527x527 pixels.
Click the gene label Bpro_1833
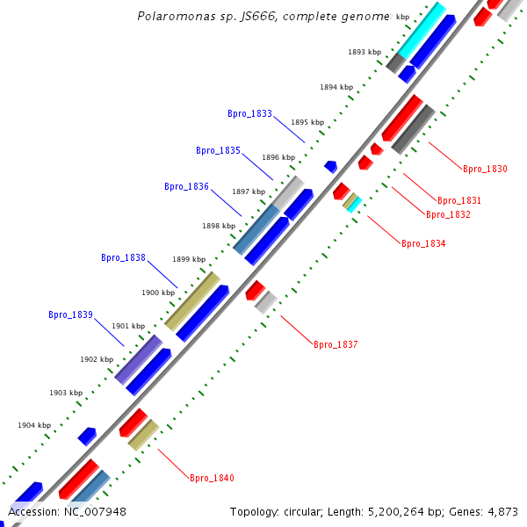coord(249,114)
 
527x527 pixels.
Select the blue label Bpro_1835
coord(218,151)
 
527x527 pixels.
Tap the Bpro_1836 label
coord(186,186)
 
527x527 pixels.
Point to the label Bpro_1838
coord(123,258)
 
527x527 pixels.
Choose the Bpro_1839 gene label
coord(70,314)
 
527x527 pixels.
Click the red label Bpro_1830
coord(485,169)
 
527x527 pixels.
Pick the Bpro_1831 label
coord(459,201)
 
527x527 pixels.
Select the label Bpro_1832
coord(448,215)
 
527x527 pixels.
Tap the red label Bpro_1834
coord(423,243)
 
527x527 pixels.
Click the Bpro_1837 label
coord(336,345)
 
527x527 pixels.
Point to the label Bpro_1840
coord(212,479)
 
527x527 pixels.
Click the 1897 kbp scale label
coord(249,191)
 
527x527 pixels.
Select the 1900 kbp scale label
coord(158,292)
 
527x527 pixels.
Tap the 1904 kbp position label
coord(34,425)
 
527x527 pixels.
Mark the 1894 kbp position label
coord(336,88)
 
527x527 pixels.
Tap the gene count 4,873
coord(499,511)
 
